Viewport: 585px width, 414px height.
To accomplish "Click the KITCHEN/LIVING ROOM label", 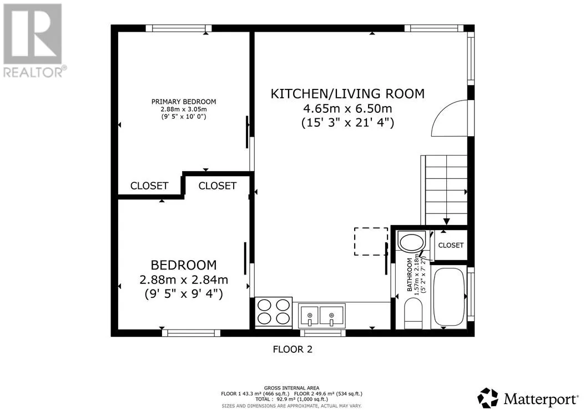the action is pyautogui.click(x=347, y=93).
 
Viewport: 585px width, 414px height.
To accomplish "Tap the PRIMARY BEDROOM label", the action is pyautogui.click(x=184, y=102).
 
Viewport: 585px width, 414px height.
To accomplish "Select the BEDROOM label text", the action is pyautogui.click(x=184, y=265).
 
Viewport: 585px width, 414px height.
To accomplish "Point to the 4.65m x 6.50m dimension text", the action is pyautogui.click(x=347, y=108).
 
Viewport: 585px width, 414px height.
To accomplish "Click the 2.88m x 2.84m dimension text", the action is pyautogui.click(x=184, y=280).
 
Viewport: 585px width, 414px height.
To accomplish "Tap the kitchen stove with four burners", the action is pyautogui.click(x=274, y=312).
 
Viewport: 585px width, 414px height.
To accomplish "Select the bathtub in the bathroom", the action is pyautogui.click(x=449, y=297).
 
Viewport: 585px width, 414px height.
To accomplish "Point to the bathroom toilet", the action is pyautogui.click(x=413, y=313).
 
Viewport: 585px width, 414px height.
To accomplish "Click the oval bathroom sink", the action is pyautogui.click(x=411, y=242).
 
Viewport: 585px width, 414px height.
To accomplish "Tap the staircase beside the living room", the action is pyautogui.click(x=445, y=190).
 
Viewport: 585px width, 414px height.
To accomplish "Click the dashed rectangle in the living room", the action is pyautogui.click(x=371, y=241).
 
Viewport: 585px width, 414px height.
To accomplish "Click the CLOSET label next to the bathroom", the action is pyautogui.click(x=451, y=245).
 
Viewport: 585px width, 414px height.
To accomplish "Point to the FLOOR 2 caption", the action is pyautogui.click(x=292, y=350).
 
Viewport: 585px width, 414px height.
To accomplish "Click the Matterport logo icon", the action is pyautogui.click(x=488, y=398).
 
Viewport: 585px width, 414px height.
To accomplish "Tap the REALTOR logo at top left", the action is pyautogui.click(x=33, y=41).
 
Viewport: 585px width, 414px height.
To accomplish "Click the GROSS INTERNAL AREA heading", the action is pyautogui.click(x=291, y=388).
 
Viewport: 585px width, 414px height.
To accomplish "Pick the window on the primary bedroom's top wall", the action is pyautogui.click(x=179, y=28).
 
